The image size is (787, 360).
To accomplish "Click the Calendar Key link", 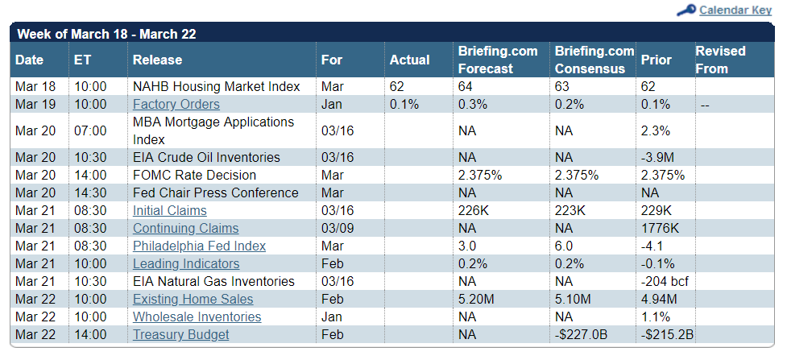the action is coord(735,10).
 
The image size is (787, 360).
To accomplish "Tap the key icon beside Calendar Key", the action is coord(686,10).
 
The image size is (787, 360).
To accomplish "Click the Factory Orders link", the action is coord(176,105).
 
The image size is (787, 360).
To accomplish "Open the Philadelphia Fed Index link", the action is coord(199,246).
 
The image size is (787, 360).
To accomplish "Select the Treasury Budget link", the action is coord(180,334).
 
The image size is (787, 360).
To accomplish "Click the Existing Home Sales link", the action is coord(193,300).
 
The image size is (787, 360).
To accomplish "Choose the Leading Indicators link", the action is coord(186,263).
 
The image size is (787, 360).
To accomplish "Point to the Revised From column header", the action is coord(720,60).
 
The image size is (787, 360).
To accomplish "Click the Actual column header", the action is coord(409,60).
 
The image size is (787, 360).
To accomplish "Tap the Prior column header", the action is coord(656,60).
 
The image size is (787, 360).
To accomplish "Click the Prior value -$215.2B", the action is coord(667,334).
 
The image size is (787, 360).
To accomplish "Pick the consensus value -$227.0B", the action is coord(581,334).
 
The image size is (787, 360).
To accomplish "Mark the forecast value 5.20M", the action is coord(476,300).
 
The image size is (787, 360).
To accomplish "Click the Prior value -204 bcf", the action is coord(665,281).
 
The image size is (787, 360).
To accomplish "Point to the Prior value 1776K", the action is coord(660,229).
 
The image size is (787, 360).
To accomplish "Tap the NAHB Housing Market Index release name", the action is coord(217,87).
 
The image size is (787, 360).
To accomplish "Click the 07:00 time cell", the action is coord(90,131).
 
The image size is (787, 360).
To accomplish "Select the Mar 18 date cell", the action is coord(35,87).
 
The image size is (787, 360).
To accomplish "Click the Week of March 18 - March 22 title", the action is coord(106,34).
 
